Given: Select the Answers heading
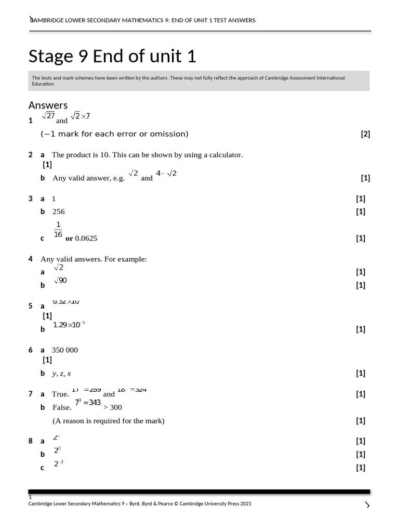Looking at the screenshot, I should pos(48,105).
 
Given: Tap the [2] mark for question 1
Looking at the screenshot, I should pos(365,134).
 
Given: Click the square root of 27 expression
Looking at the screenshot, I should pos(48,116).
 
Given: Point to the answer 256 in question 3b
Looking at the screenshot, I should pos(59,211).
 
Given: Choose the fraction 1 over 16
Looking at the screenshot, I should pos(58,230).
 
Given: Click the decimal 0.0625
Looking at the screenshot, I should pos(86,238).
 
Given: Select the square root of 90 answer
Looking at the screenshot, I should pos(60,281).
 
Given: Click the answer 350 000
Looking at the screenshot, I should pos(65,350).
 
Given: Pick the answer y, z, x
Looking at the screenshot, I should pos(62,373).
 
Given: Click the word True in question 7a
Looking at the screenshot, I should pos(60,394).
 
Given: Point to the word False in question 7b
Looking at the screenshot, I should pos(62,407).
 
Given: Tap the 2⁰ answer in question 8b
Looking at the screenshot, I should pos(58,450).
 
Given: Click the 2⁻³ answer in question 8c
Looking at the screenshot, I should pos(58,463).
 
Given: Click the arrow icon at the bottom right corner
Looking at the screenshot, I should pos(367,505).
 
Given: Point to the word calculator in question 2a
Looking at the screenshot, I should pos(225,155).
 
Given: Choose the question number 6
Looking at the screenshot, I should pos(31,350).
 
